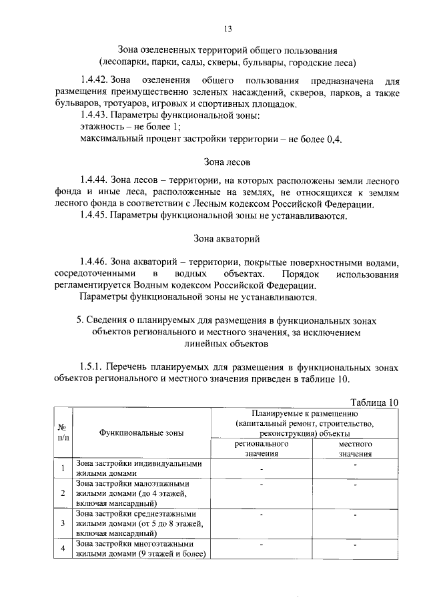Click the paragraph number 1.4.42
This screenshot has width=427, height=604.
(94, 81)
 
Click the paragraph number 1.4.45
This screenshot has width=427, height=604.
(94, 216)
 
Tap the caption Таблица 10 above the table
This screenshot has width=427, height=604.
(374, 402)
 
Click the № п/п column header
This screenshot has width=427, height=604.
(61, 432)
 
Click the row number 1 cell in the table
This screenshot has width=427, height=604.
(61, 468)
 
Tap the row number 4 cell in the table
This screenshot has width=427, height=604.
(61, 548)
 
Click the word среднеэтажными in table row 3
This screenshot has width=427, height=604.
(159, 514)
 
